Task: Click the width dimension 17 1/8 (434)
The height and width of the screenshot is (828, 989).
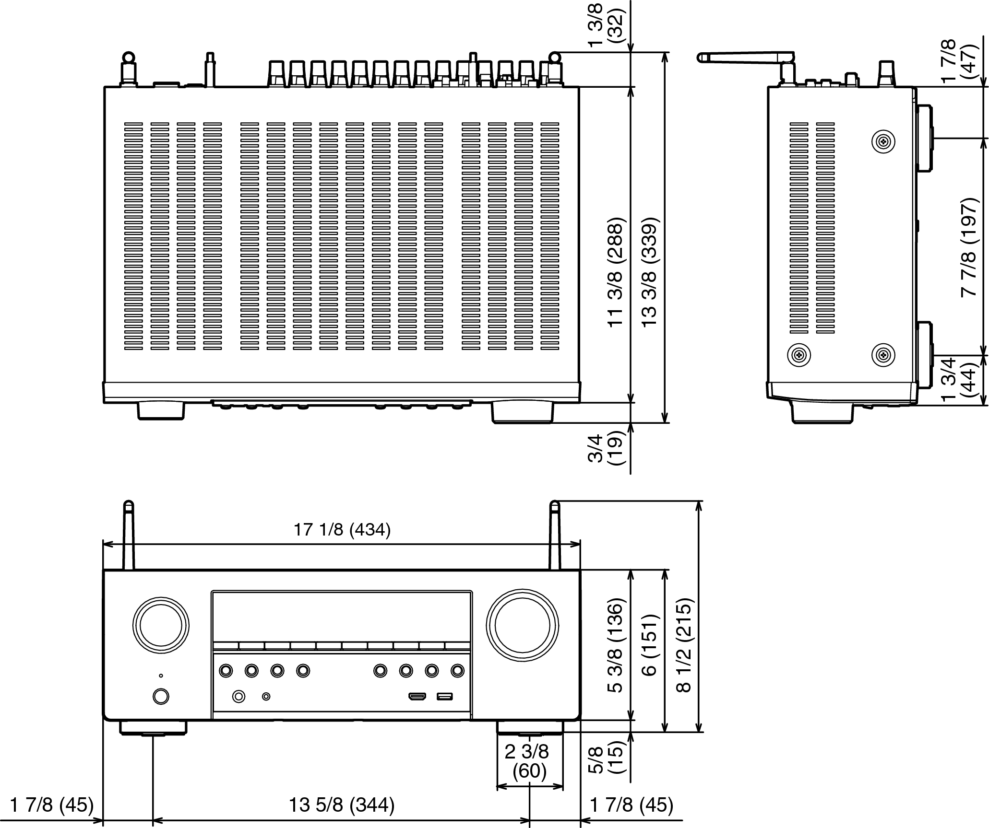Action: pyautogui.click(x=342, y=530)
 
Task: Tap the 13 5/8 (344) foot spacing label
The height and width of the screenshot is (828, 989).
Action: pyautogui.click(x=342, y=805)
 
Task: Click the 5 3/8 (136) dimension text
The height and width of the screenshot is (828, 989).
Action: pyautogui.click(x=615, y=645)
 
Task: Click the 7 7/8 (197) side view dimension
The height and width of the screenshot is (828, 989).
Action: pyautogui.click(x=969, y=247)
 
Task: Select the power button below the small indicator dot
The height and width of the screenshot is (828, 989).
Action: pyautogui.click(x=161, y=696)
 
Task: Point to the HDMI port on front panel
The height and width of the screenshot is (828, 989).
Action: pyautogui.click(x=417, y=696)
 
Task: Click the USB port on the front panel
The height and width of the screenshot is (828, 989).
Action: pyautogui.click(x=444, y=696)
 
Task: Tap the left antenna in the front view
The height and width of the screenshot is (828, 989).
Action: pyautogui.click(x=129, y=536)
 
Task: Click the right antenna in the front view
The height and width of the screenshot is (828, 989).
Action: pyautogui.click(x=555, y=536)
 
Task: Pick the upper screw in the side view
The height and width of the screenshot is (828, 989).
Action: pyautogui.click(x=883, y=141)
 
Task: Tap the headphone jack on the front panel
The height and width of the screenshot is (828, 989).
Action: pyautogui.click(x=238, y=696)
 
